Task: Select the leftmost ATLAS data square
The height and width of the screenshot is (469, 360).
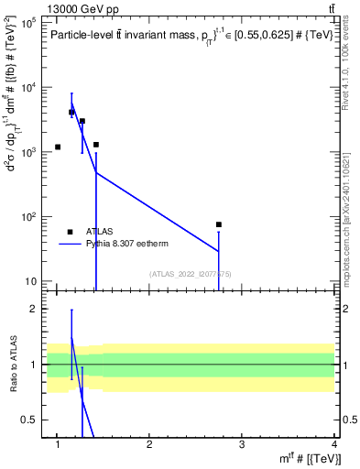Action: tap(58, 147)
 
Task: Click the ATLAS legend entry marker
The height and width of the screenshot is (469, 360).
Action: tap(70, 232)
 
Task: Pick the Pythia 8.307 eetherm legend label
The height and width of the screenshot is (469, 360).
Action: tap(130, 245)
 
